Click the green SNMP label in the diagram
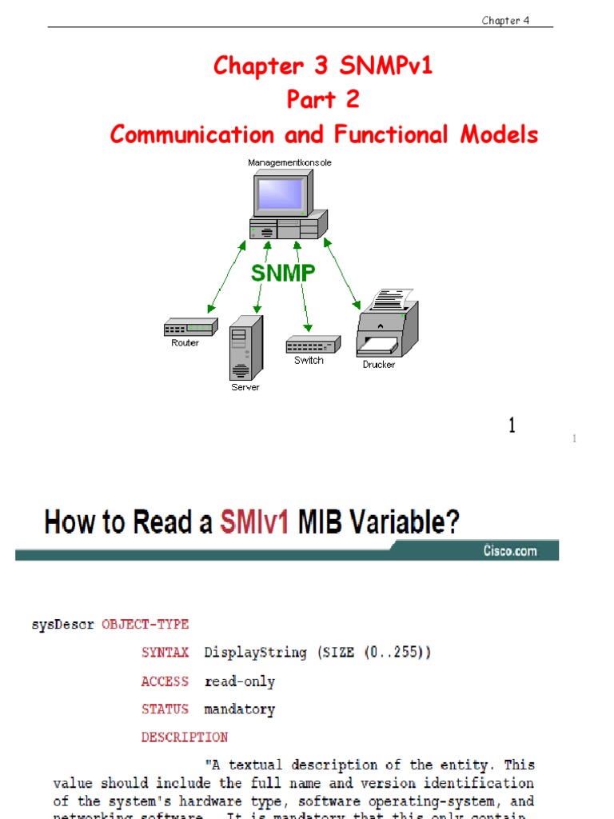283,273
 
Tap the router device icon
190,327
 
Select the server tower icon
245,348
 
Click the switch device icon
313,345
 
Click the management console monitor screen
280,194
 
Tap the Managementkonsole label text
289,162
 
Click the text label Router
185,343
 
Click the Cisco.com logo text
509,550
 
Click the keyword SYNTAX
165,653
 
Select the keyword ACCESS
165,681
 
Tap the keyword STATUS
165,709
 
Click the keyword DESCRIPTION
184,737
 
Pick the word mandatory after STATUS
239,709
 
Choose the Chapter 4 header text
505,20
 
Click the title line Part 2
323,100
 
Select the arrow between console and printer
340,272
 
